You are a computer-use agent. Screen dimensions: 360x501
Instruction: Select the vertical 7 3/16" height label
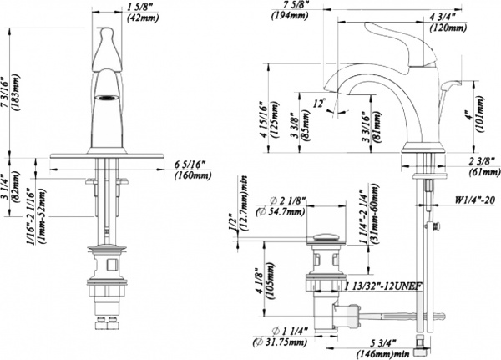tap(9, 94)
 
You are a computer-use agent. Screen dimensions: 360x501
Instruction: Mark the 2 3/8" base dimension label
tap(473, 161)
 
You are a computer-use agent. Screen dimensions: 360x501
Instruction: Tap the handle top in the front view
tap(107, 33)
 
